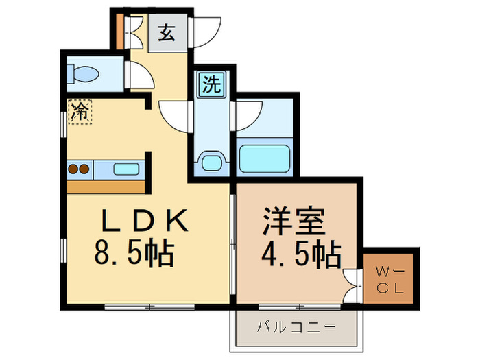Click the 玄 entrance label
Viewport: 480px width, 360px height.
(167, 32)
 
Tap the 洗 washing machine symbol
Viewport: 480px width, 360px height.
(212, 84)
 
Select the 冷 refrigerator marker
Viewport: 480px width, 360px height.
(80, 112)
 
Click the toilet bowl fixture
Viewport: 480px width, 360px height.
(83, 74)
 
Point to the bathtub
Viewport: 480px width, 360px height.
(265, 159)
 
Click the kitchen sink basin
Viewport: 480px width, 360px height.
(126, 169)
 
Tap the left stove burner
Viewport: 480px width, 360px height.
(73, 169)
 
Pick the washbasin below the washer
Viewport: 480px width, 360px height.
(212, 163)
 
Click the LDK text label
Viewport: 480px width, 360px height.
(145, 220)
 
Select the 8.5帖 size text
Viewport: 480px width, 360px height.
(134, 254)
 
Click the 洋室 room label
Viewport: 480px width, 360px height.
(294, 221)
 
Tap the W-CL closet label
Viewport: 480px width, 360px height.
(390, 280)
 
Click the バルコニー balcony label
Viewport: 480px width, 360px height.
(296, 327)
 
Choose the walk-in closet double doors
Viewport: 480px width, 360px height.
(351, 286)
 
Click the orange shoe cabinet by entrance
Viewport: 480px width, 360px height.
(121, 32)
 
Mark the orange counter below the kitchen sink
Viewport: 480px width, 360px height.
(106, 187)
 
